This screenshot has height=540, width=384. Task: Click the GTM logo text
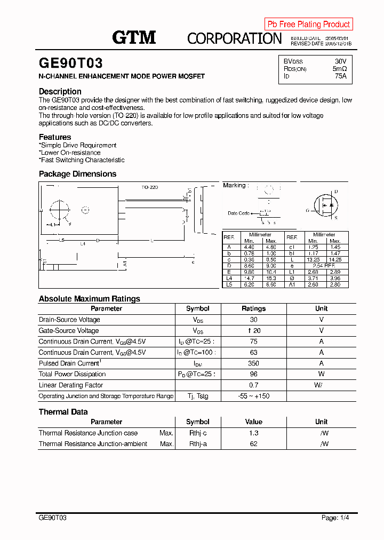[x=134, y=37]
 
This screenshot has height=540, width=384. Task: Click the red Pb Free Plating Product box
[x=308, y=24]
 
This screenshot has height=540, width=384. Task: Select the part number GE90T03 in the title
[x=70, y=63]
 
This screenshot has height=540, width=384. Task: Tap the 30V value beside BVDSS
[x=340, y=61]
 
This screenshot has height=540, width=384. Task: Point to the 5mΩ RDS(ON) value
[x=340, y=69]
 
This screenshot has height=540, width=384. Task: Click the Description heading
[x=60, y=91]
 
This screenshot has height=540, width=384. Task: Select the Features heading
[x=55, y=137]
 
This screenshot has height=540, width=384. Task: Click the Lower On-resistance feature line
[x=70, y=153]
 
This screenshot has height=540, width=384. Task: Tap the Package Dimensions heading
[x=77, y=174]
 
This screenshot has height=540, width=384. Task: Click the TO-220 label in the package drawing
[x=150, y=187]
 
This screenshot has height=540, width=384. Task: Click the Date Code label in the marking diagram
[x=238, y=213]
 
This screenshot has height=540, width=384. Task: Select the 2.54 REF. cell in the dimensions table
[x=324, y=265]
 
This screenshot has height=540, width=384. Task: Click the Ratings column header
[x=253, y=308]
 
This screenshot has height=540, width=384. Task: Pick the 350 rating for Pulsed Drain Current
[x=253, y=363]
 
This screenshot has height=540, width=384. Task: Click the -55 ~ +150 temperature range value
[x=253, y=396]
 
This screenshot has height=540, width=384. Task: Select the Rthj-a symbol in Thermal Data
[x=198, y=444]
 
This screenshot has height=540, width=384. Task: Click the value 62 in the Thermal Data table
[x=253, y=444]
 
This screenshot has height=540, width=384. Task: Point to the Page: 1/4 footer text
[x=335, y=518]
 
